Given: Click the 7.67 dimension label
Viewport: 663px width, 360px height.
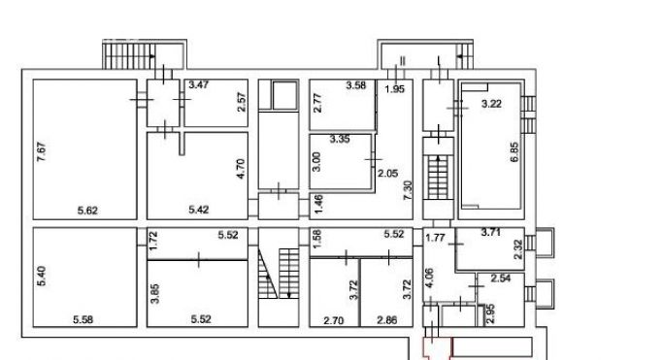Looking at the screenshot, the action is [x=41, y=151].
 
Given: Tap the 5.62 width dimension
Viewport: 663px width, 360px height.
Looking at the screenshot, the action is [x=87, y=210].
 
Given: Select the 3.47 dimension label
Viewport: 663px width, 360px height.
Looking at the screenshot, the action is [x=198, y=84].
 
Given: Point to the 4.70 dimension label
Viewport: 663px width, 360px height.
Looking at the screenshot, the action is [x=240, y=169].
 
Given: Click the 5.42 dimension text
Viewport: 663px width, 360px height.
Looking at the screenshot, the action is [x=199, y=210].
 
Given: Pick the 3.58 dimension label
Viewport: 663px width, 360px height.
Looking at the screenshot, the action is [x=356, y=85].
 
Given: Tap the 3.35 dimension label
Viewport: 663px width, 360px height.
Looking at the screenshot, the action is [x=340, y=139].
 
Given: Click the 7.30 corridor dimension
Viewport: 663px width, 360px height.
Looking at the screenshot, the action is [x=408, y=190].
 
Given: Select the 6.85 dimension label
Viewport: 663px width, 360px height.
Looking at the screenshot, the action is [x=514, y=152].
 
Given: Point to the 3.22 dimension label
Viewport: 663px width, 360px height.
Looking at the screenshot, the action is [x=491, y=104].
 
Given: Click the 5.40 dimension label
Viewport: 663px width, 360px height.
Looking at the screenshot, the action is [x=41, y=276].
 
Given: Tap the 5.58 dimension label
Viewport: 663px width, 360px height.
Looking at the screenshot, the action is [x=83, y=319].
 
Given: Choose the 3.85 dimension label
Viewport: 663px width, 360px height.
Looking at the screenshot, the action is [x=155, y=293].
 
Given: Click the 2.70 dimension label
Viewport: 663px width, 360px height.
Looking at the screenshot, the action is [x=334, y=321].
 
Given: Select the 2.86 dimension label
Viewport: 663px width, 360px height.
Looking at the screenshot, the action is [x=387, y=320].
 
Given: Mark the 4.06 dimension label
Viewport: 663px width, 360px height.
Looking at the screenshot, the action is [x=428, y=278].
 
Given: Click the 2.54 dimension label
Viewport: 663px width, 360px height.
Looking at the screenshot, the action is [x=501, y=278].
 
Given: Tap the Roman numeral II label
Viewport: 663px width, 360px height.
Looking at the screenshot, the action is [x=403, y=61].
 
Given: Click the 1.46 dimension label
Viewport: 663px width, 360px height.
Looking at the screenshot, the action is [x=318, y=204].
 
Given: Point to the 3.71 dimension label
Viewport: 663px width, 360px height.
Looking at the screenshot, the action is [x=491, y=232].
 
